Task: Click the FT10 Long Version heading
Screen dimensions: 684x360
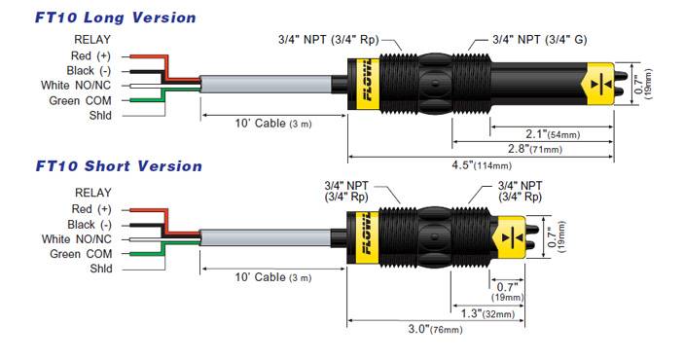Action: (x=116, y=18)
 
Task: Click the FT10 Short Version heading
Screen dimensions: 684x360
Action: (x=119, y=166)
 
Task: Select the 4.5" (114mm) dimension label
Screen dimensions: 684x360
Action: (x=482, y=165)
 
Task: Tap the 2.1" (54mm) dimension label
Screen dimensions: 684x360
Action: (x=553, y=134)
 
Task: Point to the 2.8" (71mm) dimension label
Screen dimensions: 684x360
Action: (x=535, y=149)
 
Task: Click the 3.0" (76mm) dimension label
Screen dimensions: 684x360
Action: (x=435, y=329)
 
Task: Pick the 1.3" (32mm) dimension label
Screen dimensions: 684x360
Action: (x=488, y=313)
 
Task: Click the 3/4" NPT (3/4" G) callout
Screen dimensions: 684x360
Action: (x=540, y=40)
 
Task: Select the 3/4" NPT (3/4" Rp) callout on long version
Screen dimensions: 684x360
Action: (x=329, y=40)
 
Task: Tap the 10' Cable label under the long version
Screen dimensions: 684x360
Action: (x=273, y=124)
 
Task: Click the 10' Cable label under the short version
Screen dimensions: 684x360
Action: (x=273, y=277)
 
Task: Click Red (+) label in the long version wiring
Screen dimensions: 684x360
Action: (x=90, y=56)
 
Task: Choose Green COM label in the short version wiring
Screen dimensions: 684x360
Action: (x=81, y=254)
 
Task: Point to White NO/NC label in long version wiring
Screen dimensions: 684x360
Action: (x=76, y=86)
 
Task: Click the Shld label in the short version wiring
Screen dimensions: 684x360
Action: (x=101, y=269)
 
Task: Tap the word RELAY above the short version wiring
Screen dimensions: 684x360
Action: (x=92, y=193)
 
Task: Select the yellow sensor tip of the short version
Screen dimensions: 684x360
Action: (x=509, y=237)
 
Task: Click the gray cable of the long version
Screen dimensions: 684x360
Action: (x=266, y=85)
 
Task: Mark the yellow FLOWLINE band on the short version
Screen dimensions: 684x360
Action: (x=363, y=237)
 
